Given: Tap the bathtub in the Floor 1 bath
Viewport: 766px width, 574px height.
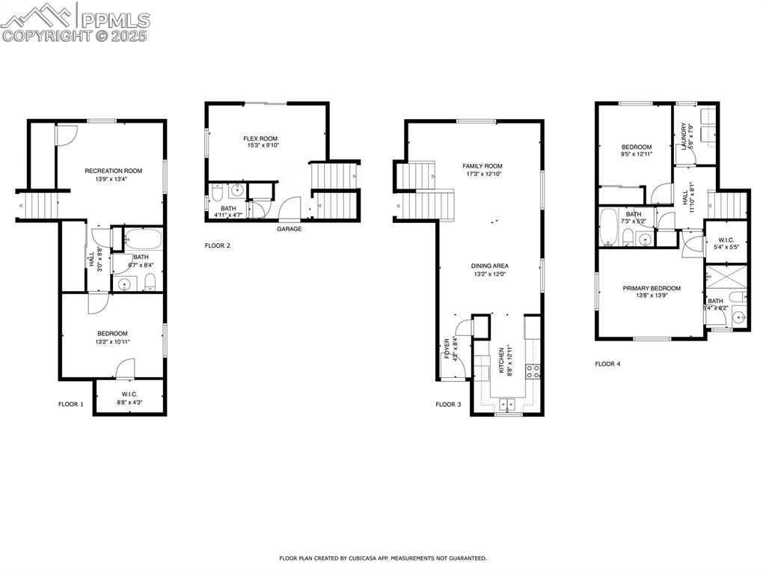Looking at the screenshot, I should (x=143, y=240).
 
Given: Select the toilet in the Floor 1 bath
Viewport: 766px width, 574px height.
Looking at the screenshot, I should (x=150, y=282).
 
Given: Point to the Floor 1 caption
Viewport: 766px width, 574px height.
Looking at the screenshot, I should (x=71, y=404).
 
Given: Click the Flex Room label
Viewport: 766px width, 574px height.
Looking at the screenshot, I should (x=260, y=138).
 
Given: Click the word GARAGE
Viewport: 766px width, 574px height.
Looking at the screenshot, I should (x=289, y=229).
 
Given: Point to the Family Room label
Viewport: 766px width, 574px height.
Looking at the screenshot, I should (x=482, y=166).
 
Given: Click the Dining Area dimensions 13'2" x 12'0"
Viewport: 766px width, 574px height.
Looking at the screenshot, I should (x=490, y=274).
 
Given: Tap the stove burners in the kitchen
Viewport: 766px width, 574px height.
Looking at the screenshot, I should (x=533, y=370).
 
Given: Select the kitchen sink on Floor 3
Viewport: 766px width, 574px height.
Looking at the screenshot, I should (x=508, y=404).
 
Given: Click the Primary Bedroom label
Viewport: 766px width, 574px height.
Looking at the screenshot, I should (x=652, y=288).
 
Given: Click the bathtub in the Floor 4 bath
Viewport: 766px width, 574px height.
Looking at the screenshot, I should (x=608, y=228).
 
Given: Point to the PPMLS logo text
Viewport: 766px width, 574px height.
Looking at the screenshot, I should (x=114, y=20).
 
